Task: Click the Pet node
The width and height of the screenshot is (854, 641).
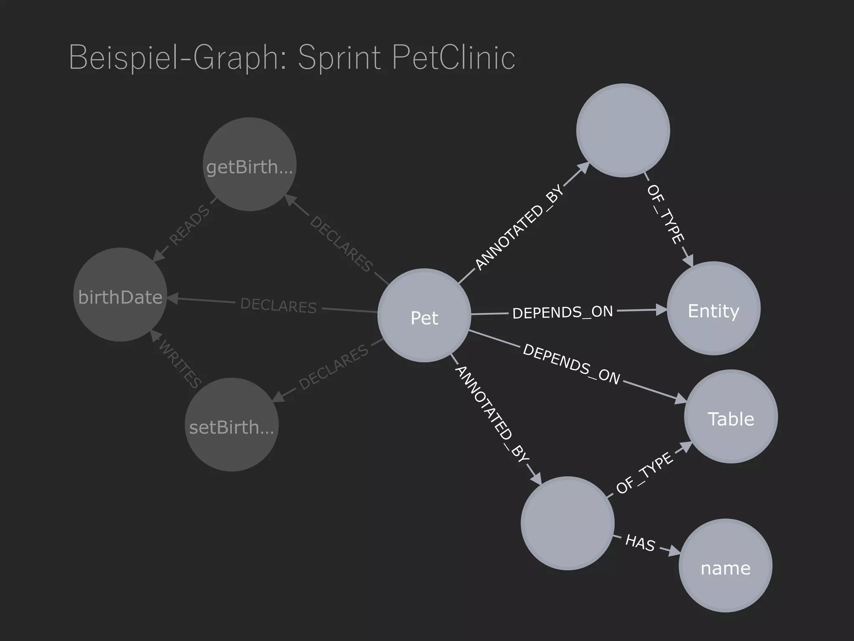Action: [x=424, y=315]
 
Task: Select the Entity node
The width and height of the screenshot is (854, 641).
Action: [x=713, y=308]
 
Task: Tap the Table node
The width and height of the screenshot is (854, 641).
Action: [x=731, y=416]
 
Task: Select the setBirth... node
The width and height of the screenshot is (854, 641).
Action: [x=231, y=425]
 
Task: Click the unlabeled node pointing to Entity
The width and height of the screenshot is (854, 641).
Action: [x=623, y=130]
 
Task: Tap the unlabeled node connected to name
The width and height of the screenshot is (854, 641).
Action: [x=568, y=523]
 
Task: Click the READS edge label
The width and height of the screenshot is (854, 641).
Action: [x=189, y=225]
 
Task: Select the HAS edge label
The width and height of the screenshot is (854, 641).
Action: [x=640, y=543]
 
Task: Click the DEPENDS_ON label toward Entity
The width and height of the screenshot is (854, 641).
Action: [x=563, y=312]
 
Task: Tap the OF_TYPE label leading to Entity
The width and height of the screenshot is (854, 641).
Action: [x=666, y=214]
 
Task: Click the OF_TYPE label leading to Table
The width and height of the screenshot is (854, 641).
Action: [x=644, y=473]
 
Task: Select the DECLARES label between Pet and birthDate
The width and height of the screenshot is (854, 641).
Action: [x=279, y=305]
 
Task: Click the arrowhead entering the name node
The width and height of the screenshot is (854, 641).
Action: [x=674, y=552]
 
